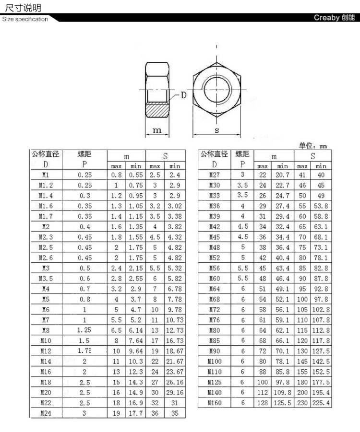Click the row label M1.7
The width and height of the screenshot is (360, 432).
(46, 216)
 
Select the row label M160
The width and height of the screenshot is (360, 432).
(215, 403)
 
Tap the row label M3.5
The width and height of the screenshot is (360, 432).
(46, 279)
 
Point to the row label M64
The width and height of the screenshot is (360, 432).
(215, 289)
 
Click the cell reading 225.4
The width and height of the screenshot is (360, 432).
(321, 403)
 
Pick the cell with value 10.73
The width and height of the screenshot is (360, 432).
(175, 320)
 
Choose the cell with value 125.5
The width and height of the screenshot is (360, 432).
(282, 403)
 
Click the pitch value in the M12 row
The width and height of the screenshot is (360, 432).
(84, 351)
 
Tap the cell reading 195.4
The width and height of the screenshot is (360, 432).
(321, 393)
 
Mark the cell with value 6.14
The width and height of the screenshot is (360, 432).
(136, 330)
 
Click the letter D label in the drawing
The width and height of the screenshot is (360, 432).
(184, 95)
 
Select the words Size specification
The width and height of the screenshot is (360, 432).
(25, 20)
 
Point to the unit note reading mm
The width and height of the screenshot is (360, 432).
(323, 146)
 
